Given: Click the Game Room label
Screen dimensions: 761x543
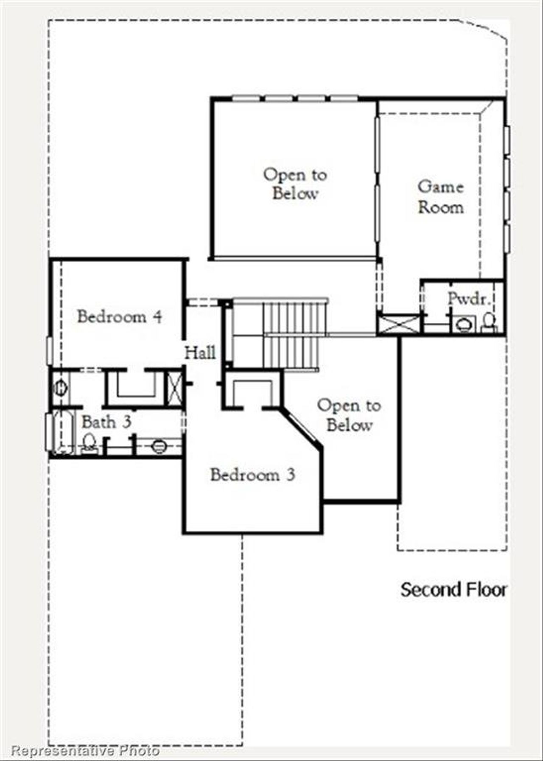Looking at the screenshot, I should tap(440, 197).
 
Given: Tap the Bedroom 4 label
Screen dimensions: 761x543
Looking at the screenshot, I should tap(119, 316).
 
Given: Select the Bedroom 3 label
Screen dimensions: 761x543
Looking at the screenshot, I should tap(252, 475).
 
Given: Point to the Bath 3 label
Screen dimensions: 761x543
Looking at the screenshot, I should tap(106, 422).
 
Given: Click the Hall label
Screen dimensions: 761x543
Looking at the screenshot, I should tap(200, 352).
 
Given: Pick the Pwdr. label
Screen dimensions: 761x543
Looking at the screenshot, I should tap(469, 299).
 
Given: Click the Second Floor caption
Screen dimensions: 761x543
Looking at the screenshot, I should tap(453, 589).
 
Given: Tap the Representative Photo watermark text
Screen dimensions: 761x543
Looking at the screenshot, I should tap(85, 751).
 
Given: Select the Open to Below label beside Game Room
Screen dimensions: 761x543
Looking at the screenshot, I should tap(295, 184).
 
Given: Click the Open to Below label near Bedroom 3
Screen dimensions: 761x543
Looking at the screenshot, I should tap(349, 415).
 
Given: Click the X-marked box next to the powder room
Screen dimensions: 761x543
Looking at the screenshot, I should tap(399, 325).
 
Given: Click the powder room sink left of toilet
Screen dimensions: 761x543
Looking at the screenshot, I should tap(464, 325).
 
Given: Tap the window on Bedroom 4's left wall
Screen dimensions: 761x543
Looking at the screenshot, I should tap(49, 350).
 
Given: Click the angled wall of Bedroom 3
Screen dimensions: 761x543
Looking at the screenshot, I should tap(301, 426).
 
